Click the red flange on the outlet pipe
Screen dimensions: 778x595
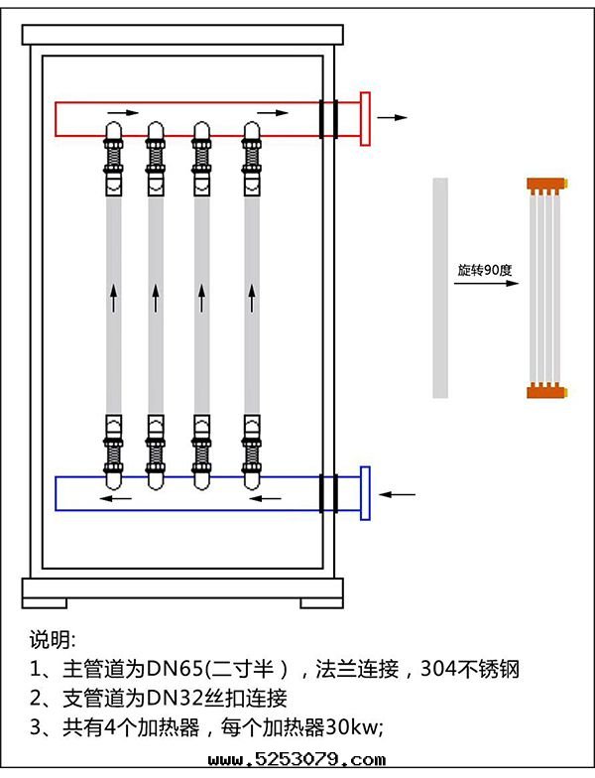point(365,119)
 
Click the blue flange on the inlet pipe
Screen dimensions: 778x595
point(365,492)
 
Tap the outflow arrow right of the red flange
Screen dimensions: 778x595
point(394,117)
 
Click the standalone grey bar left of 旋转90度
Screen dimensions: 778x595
point(440,287)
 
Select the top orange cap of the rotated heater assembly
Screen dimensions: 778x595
point(545,185)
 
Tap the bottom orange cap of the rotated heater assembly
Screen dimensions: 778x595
point(545,390)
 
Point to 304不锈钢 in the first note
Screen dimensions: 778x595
point(470,668)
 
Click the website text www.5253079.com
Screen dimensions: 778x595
point(297,761)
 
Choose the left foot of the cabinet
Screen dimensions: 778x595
point(44,600)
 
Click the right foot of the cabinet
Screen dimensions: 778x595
point(323,600)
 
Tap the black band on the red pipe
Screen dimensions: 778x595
point(329,118)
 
